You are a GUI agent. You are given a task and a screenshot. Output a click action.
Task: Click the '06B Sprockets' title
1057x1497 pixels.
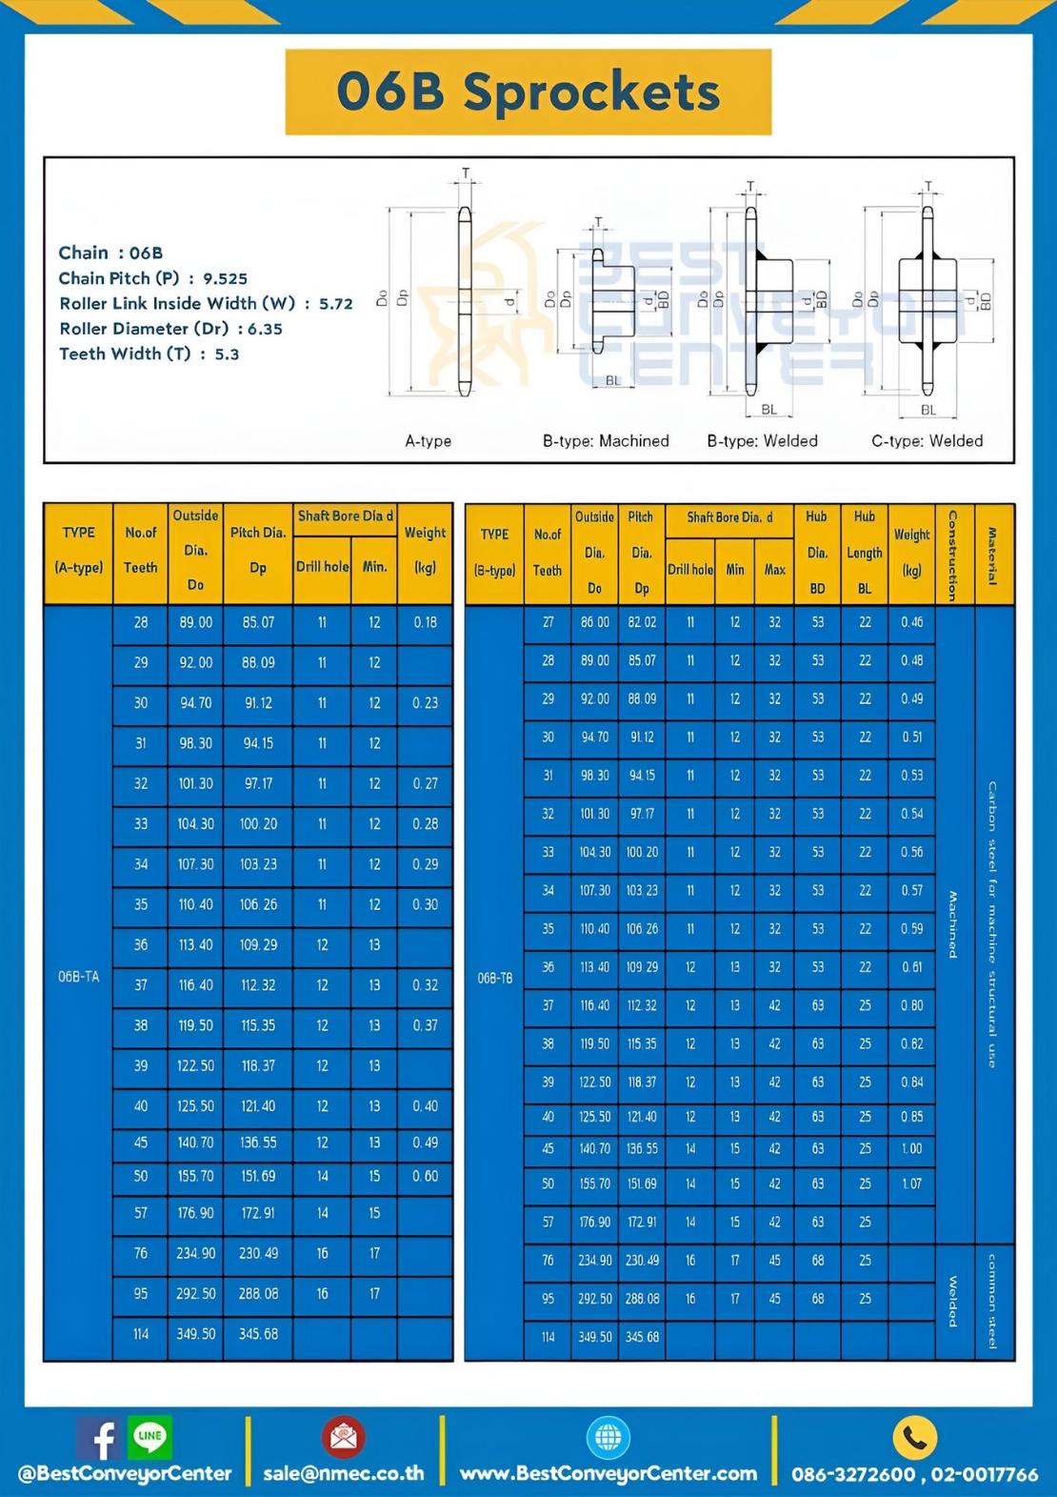tap(528, 92)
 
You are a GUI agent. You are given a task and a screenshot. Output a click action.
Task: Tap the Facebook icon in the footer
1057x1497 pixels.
tap(100, 1437)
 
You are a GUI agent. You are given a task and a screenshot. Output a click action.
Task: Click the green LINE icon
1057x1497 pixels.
tap(150, 1436)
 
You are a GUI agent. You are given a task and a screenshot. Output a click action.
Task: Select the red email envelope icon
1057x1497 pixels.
tap(343, 1437)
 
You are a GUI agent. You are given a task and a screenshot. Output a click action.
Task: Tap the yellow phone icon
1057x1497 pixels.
tap(914, 1438)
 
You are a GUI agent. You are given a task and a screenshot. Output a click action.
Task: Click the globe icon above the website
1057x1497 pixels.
tap(608, 1437)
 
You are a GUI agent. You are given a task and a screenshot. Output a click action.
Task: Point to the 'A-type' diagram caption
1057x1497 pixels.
tap(428, 441)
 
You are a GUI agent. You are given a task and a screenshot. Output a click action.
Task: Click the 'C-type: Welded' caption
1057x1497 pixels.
tap(927, 441)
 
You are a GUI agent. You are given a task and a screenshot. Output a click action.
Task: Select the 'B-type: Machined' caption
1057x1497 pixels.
tap(606, 441)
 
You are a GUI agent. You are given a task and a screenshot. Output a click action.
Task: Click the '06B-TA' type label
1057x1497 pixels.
tap(78, 977)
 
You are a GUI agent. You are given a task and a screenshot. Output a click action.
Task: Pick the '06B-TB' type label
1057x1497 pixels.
tap(494, 979)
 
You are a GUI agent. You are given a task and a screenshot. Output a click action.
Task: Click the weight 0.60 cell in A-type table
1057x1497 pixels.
tap(425, 1177)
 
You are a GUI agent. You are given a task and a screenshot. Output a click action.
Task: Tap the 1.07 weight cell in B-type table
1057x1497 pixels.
tap(911, 1183)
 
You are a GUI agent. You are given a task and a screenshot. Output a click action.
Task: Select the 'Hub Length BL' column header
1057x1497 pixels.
tap(864, 553)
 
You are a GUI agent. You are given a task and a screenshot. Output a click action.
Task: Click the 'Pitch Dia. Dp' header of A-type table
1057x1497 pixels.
tap(258, 550)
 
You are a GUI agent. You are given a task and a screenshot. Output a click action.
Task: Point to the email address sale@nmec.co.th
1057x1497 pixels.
tap(344, 1473)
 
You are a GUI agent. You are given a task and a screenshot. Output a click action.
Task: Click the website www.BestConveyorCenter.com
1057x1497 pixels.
tap(608, 1473)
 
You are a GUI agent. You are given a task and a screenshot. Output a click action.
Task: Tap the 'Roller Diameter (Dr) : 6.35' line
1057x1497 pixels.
tap(170, 329)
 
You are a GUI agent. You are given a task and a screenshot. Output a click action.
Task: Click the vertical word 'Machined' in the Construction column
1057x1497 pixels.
tap(952, 924)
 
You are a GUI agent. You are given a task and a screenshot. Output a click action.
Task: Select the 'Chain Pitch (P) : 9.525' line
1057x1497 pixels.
tap(152, 278)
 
